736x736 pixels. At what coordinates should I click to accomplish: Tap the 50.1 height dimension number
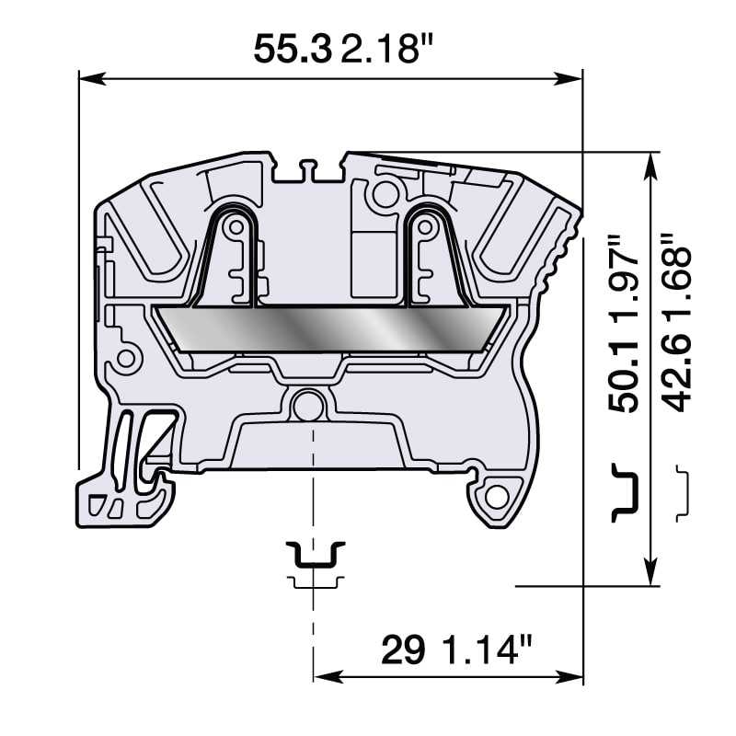626,378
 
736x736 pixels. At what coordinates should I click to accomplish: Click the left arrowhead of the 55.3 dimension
88,78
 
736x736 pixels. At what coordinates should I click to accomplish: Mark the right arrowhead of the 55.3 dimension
573,78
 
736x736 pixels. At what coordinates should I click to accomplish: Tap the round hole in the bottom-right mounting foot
497,498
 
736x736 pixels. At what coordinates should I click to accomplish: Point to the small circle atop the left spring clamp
236,226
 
